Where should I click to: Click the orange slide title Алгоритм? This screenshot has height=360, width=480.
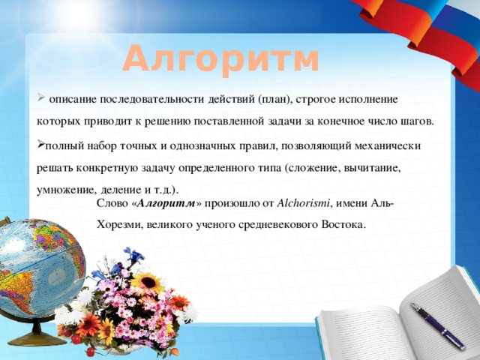pos(221,58)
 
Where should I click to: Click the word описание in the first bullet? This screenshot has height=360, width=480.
pos(74,99)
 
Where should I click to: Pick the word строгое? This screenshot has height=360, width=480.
pos(322,99)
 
